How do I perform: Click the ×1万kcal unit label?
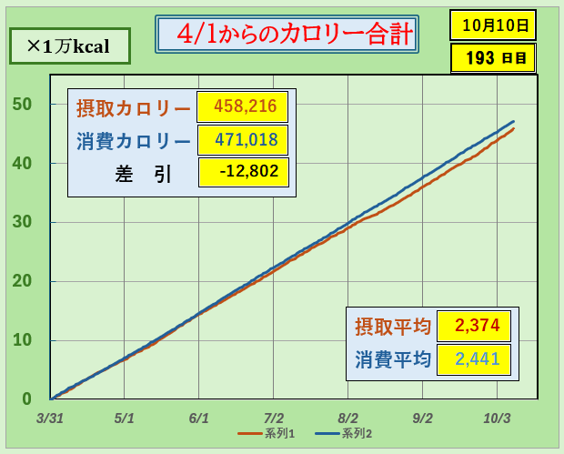click(68, 45)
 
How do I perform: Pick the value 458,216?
click(242, 106)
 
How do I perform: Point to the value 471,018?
click(242, 140)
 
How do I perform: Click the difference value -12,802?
click(242, 173)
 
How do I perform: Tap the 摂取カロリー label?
click(133, 107)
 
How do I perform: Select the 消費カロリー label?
click(133, 141)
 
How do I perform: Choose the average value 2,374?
click(473, 326)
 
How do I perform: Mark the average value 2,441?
click(473, 359)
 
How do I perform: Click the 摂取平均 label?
click(392, 326)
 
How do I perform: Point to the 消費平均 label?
click(392, 359)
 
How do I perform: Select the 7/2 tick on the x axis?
click(274, 419)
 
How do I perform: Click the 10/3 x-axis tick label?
click(497, 419)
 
